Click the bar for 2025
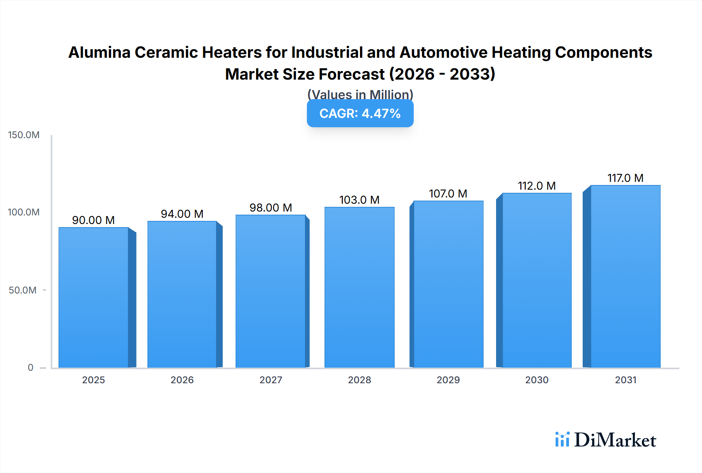(94, 297)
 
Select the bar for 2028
(359, 287)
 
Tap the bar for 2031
(625, 276)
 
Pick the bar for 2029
(448, 284)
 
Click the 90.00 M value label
(93, 220)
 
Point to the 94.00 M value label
(182, 214)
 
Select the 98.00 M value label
(271, 208)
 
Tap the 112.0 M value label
(537, 186)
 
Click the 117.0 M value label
(625, 178)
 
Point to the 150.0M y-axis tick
(24, 135)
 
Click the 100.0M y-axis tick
(24, 212)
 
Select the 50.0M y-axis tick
(23, 290)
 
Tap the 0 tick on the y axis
(30, 367)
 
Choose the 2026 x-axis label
(182, 380)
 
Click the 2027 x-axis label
(271, 380)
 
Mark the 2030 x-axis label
(537, 380)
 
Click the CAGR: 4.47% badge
(360, 114)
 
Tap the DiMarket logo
(606, 440)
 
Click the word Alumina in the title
(99, 52)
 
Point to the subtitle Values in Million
(360, 94)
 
